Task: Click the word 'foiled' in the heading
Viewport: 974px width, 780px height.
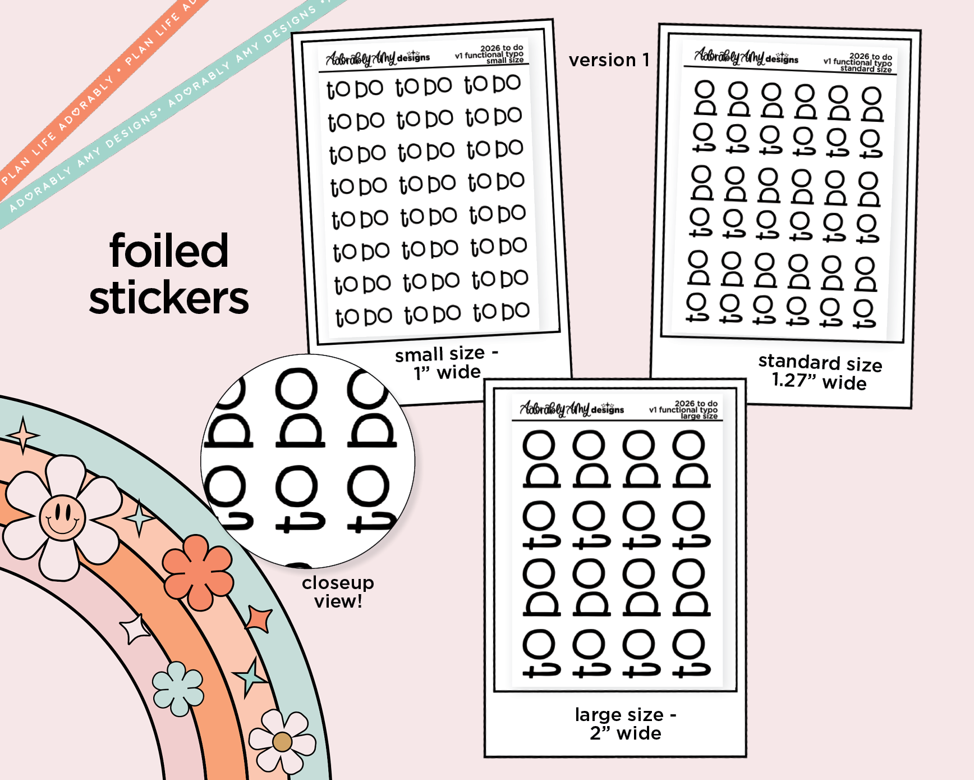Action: (x=169, y=251)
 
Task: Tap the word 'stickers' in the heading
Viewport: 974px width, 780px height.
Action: (x=169, y=298)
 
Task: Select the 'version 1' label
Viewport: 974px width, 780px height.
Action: (x=609, y=60)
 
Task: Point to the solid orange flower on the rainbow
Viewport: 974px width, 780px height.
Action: (x=197, y=572)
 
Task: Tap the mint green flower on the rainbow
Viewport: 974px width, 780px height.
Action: (x=178, y=688)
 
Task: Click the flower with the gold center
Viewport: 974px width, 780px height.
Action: (x=282, y=741)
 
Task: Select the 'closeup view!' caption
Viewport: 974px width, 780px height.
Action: (x=338, y=592)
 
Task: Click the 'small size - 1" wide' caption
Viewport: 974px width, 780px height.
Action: (x=447, y=363)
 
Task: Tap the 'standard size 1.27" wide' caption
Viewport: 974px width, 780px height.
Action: (x=820, y=372)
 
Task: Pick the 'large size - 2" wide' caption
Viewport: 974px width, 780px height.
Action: (x=626, y=724)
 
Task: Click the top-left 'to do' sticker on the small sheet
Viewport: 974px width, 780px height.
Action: (x=355, y=89)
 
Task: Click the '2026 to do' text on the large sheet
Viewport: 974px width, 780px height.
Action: (x=696, y=403)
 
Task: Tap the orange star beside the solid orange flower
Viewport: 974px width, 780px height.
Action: (x=260, y=618)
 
